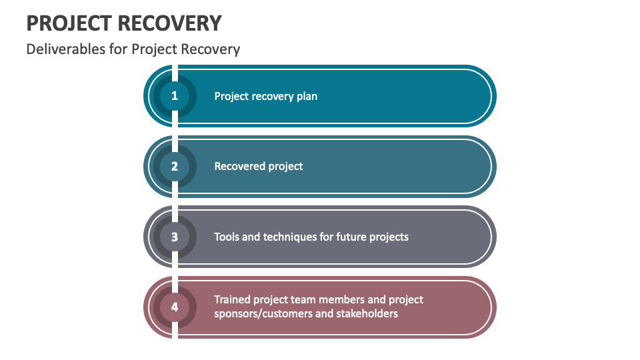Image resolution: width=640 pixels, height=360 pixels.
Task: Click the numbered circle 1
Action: [174, 96]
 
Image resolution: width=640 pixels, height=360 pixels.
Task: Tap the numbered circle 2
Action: [174, 166]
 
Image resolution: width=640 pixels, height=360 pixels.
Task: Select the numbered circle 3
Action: [174, 237]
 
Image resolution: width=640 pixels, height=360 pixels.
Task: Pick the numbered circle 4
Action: [174, 307]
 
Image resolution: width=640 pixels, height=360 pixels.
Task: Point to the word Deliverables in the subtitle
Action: [66, 49]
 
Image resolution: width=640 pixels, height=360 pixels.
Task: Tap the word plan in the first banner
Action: [307, 96]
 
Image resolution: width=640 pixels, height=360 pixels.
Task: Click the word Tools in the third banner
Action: [227, 237]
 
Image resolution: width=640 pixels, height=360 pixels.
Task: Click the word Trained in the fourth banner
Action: [232, 299]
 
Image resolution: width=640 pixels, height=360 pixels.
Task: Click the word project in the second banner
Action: [285, 167]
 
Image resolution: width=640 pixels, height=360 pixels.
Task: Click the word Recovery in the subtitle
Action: [210, 49]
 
